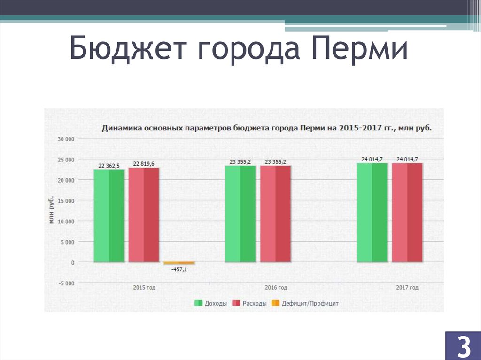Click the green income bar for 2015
point(109,215)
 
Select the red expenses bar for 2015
point(144,214)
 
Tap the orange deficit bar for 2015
point(179,263)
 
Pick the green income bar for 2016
point(240,214)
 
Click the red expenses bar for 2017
point(407,212)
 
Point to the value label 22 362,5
point(109,165)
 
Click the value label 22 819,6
point(144,163)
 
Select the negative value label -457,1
point(178,269)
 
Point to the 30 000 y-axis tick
point(66,139)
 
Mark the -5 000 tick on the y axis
point(66,283)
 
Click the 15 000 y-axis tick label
point(66,201)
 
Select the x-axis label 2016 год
point(276,288)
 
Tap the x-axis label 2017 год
point(407,288)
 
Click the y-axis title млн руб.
point(52,209)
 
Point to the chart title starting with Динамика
point(267,128)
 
